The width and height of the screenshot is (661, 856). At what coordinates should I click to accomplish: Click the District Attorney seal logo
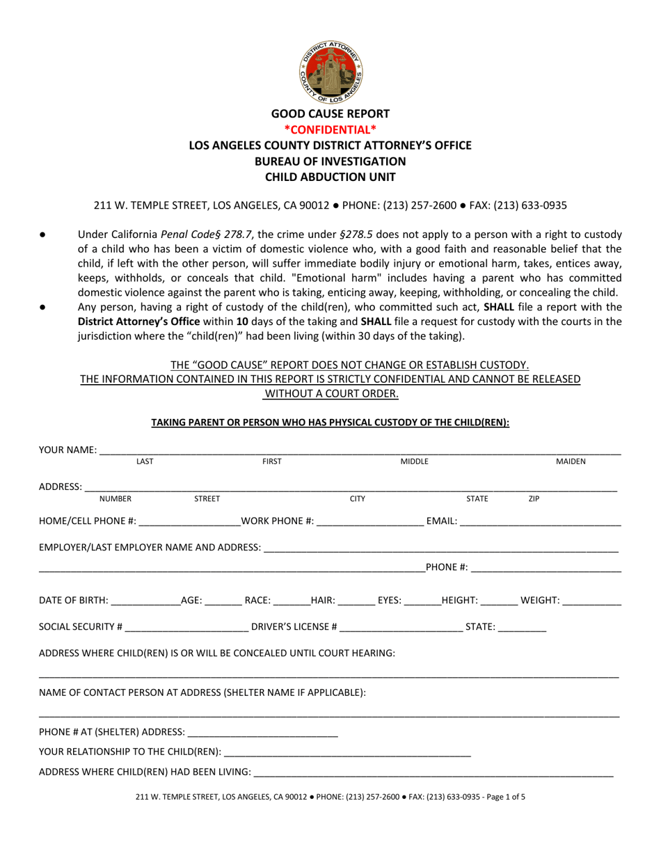pos(330,70)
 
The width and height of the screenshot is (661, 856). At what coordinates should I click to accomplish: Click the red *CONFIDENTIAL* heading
pos(330,129)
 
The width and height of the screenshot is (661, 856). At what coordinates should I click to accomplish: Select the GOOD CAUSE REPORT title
pos(330,113)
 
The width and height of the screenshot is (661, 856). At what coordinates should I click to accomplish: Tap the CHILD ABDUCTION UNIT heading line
pos(330,177)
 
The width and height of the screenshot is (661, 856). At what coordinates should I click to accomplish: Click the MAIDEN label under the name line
pos(571,461)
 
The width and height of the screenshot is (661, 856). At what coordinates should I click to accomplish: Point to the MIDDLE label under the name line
pos(414,461)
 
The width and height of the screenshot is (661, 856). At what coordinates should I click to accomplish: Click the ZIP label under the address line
pos(534,498)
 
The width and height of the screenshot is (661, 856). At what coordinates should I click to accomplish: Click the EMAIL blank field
pos(540,522)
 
